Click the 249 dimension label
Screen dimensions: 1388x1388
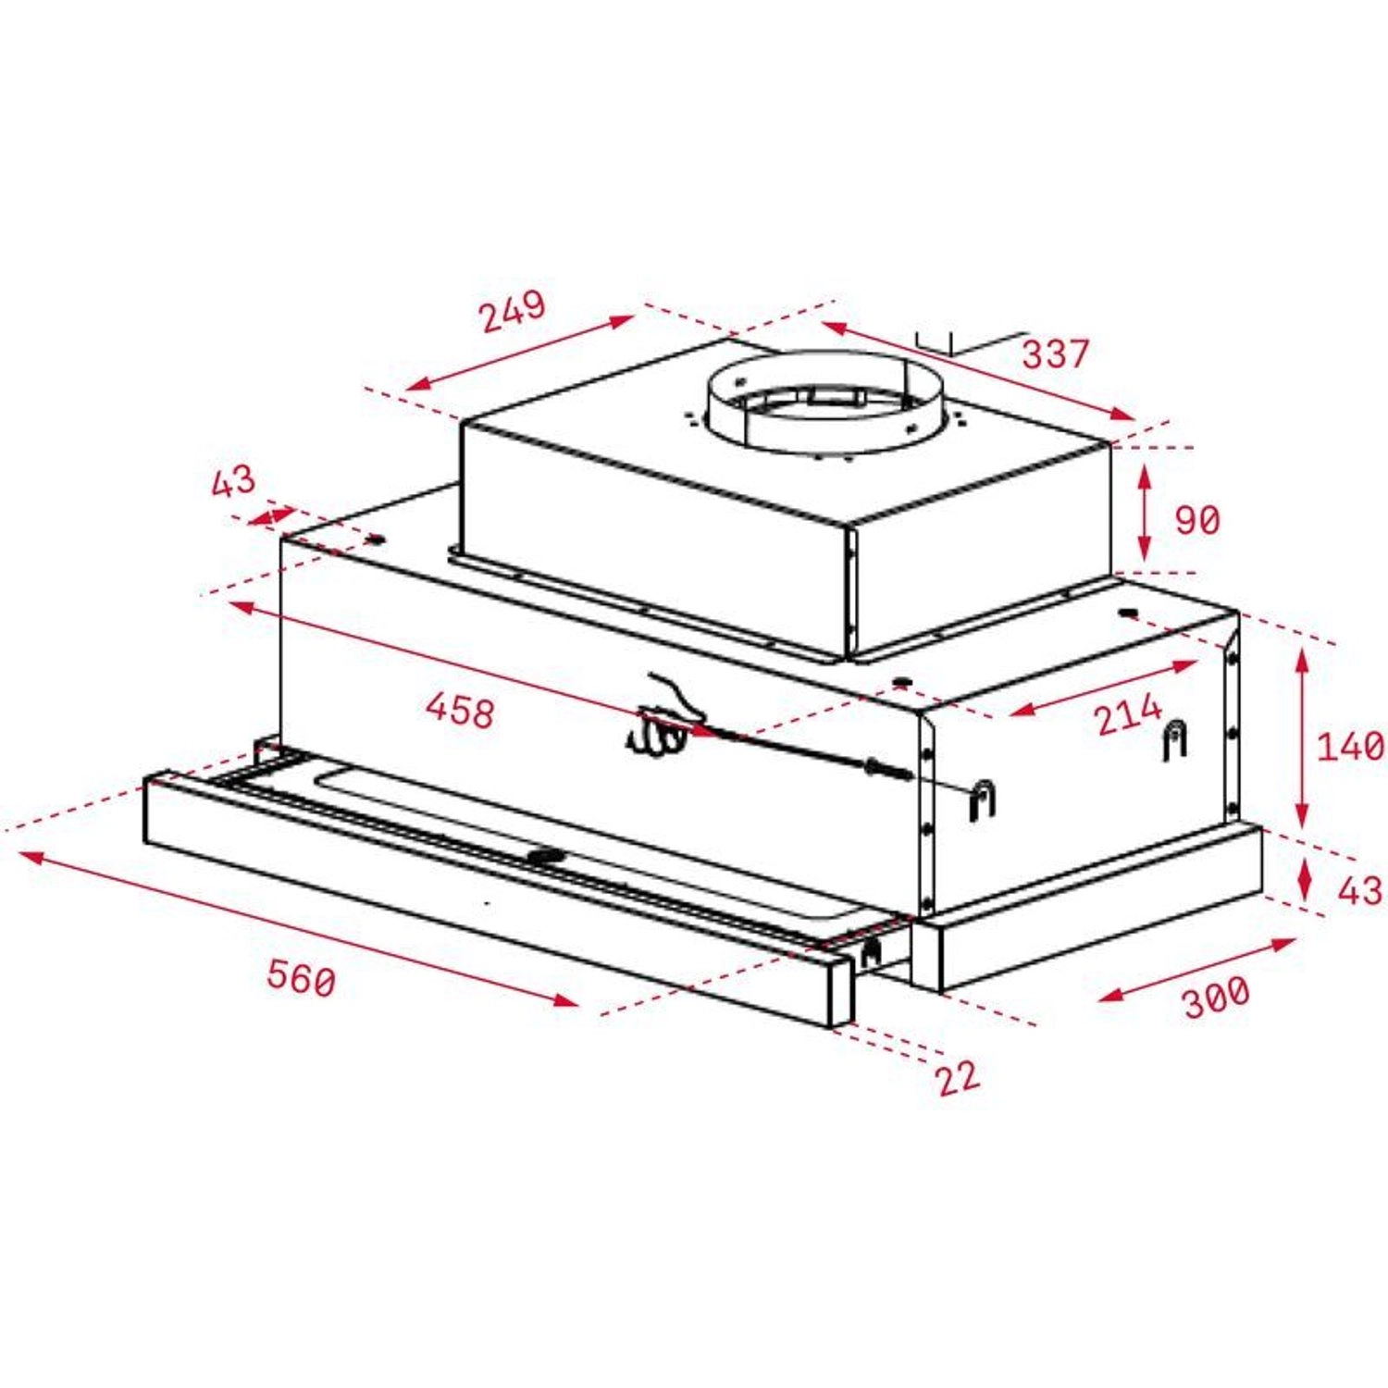tap(513, 311)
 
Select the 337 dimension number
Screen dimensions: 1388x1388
tap(1055, 353)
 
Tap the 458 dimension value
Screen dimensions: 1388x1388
tap(460, 710)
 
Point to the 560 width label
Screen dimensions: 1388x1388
tap(301, 977)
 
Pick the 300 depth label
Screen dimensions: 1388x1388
tap(1216, 996)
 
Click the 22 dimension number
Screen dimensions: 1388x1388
tap(957, 1077)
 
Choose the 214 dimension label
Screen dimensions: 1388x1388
tap(1127, 714)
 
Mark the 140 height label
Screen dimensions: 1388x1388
tap(1350, 746)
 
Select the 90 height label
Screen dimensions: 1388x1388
tap(1197, 519)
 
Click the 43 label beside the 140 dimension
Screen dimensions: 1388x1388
tap(1359, 890)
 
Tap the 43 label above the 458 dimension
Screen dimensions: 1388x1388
tap(232, 481)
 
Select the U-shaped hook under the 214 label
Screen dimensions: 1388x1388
tap(1174, 738)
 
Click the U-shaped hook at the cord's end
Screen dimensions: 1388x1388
tap(982, 799)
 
